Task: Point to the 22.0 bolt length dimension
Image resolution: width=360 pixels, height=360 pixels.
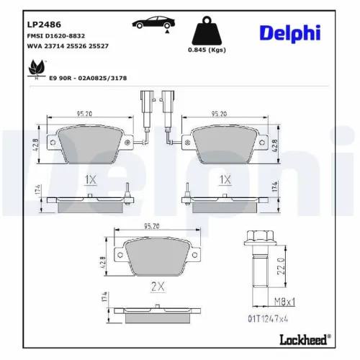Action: click(282, 267)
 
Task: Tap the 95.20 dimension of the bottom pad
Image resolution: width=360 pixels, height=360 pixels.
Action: click(152, 225)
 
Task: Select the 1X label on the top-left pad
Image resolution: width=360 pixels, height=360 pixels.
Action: click(91, 179)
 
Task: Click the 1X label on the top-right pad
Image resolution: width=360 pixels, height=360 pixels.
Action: click(225, 179)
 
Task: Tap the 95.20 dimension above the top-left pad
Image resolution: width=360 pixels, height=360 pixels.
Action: click(86, 112)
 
